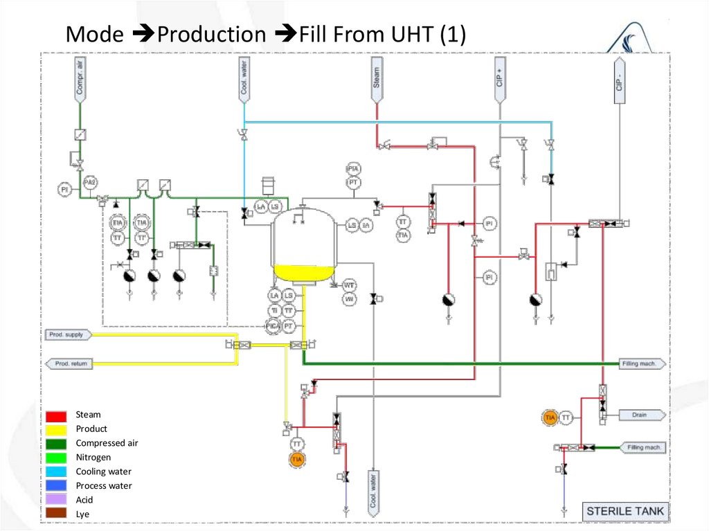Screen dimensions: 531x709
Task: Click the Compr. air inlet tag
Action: pos(80,78)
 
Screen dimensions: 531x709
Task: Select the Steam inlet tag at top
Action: pos(377,75)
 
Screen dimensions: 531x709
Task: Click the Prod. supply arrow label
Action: pos(67,335)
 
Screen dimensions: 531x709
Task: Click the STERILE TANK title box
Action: pos(625,512)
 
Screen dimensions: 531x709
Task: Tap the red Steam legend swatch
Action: pos(57,415)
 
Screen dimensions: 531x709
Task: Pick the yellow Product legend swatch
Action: pos(57,429)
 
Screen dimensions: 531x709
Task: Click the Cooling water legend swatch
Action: pos(57,471)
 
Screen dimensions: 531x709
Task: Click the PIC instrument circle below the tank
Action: pos(274,325)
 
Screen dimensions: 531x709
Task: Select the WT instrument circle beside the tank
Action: pos(350,285)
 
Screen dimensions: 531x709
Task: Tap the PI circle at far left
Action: pos(64,188)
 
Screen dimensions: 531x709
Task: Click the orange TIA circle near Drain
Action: pos(550,417)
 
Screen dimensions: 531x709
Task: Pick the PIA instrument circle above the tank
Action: pos(353,169)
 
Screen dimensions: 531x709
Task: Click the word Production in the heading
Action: pos(211,35)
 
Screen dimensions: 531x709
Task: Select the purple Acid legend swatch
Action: pos(57,500)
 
